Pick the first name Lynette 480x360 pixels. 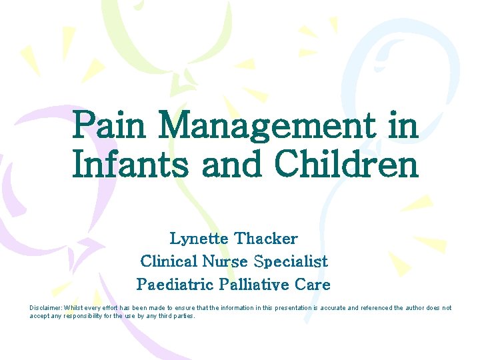click(x=199, y=238)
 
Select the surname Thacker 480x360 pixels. click(x=266, y=238)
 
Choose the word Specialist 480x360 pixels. click(x=292, y=261)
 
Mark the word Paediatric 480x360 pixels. click(x=175, y=285)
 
